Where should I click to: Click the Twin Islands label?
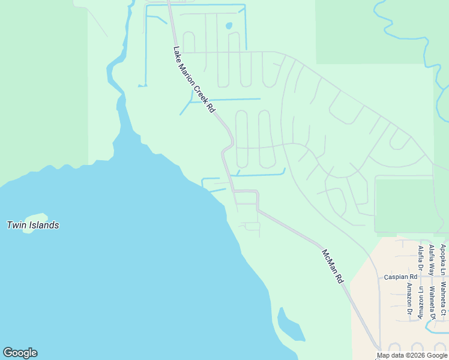32,226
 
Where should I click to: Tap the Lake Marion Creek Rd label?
193,80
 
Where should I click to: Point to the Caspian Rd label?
401,277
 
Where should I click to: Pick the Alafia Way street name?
431,260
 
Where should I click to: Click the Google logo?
20,353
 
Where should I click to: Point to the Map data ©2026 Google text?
412,355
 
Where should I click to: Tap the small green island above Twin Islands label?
36,218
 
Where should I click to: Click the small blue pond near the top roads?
229,26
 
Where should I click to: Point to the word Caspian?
396,277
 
